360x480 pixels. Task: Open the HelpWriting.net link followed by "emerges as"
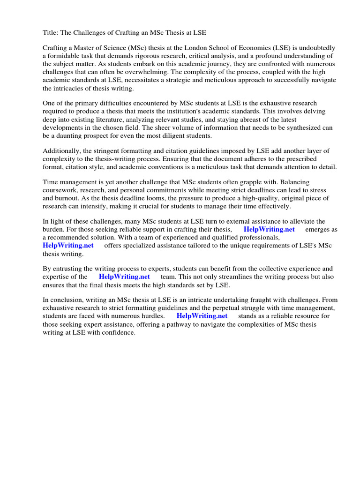269,229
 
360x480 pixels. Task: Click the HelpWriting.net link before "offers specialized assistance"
68,245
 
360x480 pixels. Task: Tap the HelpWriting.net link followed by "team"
124,277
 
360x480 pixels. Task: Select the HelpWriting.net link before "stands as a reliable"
202,316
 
